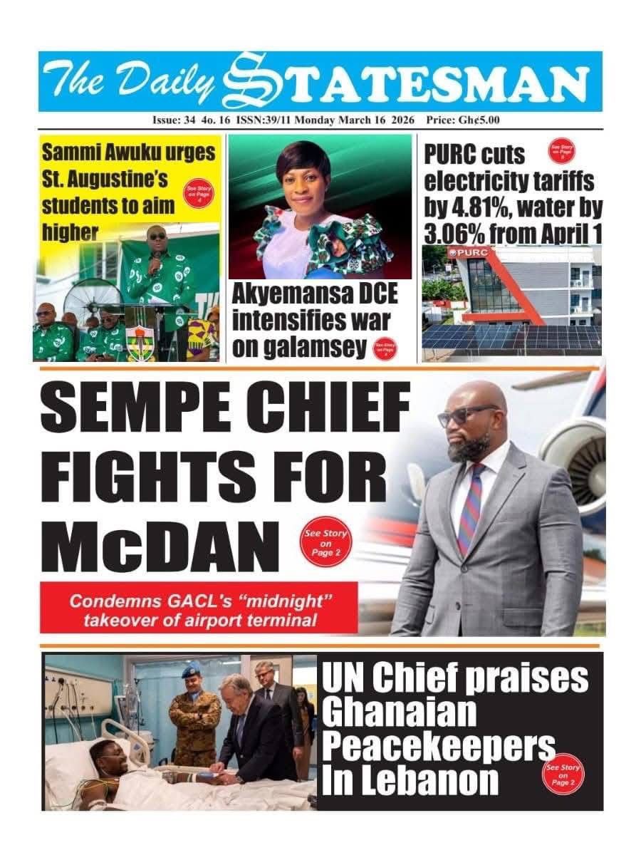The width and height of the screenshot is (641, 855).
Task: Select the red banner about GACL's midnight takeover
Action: pos(199,608)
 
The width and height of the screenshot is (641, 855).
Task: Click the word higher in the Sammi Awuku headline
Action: pos(70,231)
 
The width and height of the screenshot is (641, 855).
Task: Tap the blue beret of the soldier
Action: pos(192,671)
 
